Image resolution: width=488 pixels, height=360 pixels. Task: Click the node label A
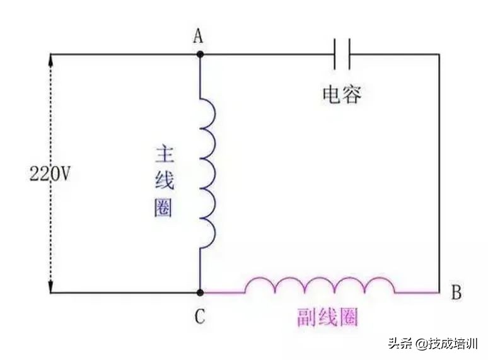coord(199,37)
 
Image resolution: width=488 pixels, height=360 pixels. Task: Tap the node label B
coord(456,293)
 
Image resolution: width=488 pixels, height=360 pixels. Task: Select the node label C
coord(200,317)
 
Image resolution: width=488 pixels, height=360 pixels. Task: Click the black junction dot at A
coord(200,54)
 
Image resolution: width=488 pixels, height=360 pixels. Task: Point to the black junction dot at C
coord(200,293)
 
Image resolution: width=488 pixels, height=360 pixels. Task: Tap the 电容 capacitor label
coord(342,95)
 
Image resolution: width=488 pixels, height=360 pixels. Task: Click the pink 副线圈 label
coord(327,317)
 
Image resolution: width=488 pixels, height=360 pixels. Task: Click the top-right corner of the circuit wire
coord(439,54)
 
